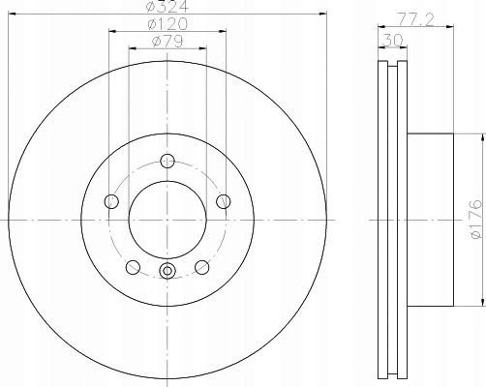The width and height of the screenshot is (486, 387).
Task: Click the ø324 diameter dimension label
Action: [x=167, y=6]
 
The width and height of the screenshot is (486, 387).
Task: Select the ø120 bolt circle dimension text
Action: [x=167, y=24]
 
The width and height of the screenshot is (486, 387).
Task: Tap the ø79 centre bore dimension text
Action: [x=167, y=42]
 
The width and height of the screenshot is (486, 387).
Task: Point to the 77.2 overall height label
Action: [x=414, y=20]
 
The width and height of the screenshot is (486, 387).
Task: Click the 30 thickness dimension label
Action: [x=392, y=41]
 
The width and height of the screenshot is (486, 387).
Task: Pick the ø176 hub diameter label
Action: [x=476, y=220]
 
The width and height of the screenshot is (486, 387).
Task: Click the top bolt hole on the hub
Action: [x=167, y=161]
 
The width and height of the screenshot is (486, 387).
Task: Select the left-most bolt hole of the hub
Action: [x=111, y=201]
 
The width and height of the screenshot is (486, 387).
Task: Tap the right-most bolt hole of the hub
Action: [x=224, y=201]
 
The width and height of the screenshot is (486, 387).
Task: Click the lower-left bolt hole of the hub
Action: [x=133, y=267]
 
